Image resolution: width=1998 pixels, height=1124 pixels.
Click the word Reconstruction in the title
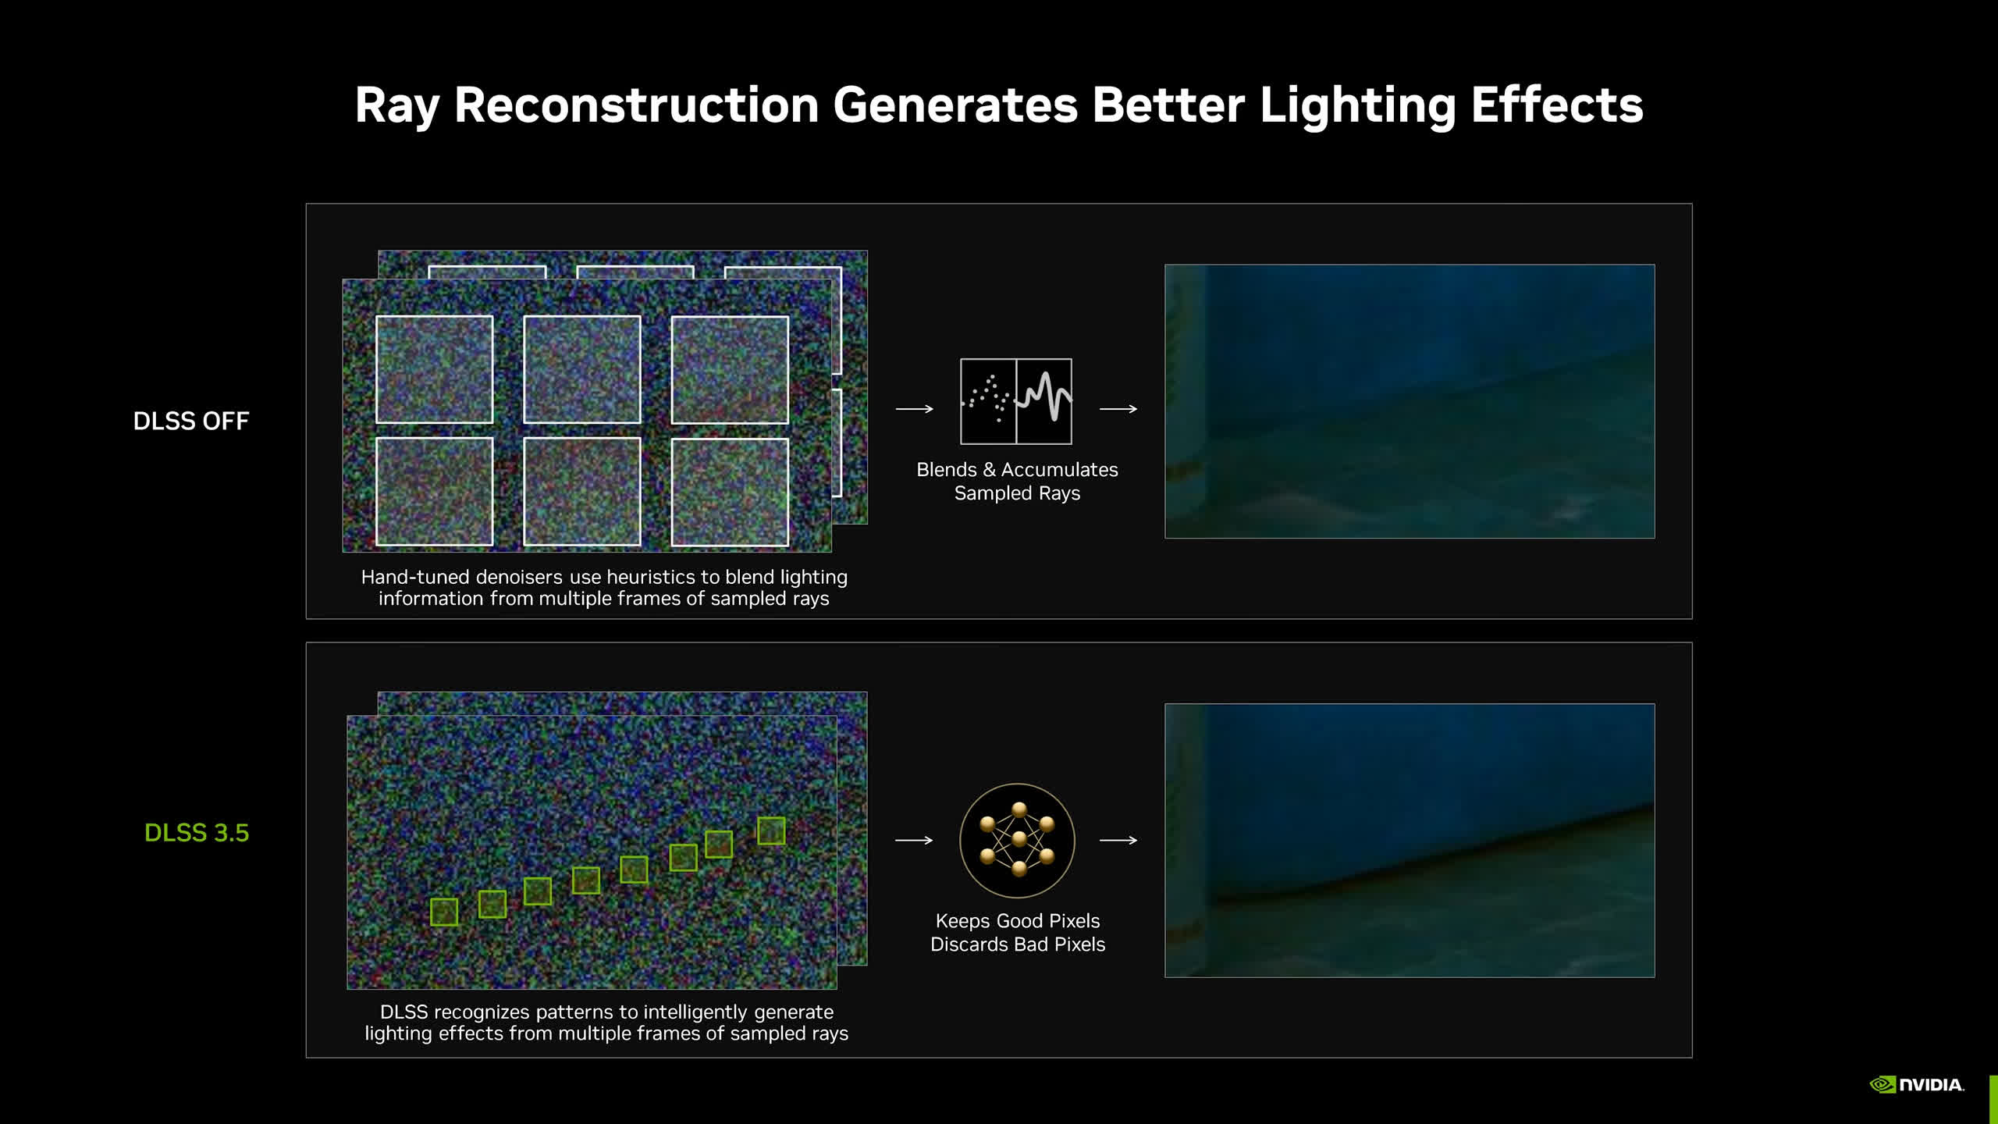tap(636, 105)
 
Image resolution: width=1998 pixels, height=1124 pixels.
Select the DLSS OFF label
tap(191, 421)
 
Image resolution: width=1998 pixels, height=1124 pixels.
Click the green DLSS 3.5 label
tap(197, 833)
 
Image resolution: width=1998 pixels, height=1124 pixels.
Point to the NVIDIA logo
tap(1917, 1085)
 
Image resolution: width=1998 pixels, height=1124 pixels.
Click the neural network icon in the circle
tap(1017, 841)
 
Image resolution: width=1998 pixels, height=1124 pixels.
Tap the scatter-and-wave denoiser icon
tap(1016, 401)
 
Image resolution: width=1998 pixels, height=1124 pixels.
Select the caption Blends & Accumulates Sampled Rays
tap(1017, 482)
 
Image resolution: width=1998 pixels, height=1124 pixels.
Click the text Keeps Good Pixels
tap(1018, 921)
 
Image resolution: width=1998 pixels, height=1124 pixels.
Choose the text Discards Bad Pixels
tap(1018, 944)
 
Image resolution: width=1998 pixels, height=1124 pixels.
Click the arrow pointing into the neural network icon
tap(914, 841)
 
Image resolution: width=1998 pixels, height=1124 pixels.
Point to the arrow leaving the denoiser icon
tap(1118, 409)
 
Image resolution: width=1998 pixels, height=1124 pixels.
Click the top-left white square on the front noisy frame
tap(435, 369)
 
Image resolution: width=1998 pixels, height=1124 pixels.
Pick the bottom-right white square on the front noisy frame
tap(730, 492)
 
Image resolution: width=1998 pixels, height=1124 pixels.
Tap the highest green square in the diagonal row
tap(771, 831)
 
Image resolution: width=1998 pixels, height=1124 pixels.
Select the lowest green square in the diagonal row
tap(444, 912)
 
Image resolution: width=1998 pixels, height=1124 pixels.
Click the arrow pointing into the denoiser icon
tap(914, 409)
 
